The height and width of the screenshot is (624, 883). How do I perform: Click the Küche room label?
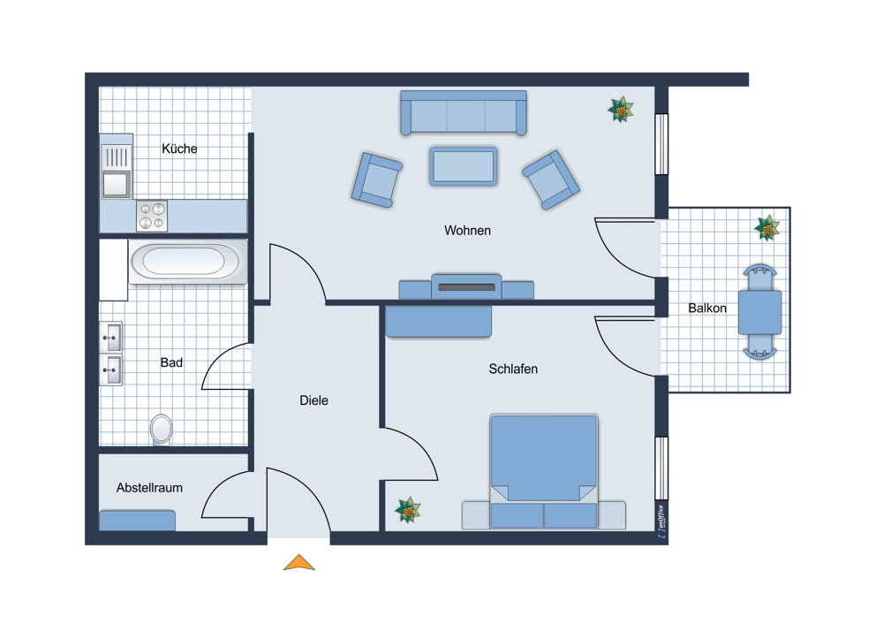click(x=179, y=148)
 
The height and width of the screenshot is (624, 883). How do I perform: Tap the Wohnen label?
click(x=467, y=231)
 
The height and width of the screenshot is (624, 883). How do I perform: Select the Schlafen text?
click(x=513, y=369)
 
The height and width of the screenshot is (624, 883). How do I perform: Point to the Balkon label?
click(x=707, y=308)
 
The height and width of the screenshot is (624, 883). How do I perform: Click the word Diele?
click(x=313, y=400)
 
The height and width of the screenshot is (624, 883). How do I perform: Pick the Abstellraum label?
click(x=149, y=487)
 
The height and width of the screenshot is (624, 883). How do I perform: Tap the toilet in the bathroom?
click(x=162, y=429)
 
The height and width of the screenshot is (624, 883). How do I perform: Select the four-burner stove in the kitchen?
click(x=152, y=216)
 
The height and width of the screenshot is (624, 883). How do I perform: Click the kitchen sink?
click(x=116, y=184)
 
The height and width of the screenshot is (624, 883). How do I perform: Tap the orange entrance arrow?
click(x=299, y=562)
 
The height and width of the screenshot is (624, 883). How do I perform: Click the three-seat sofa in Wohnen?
click(x=463, y=113)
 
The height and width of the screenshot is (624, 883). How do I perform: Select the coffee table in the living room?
click(x=463, y=165)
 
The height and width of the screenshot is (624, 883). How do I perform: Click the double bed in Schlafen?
click(x=544, y=468)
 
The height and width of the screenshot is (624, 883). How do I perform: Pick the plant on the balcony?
click(x=767, y=228)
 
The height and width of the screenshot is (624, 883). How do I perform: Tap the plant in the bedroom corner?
click(x=407, y=509)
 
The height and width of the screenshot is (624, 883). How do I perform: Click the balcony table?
click(x=759, y=312)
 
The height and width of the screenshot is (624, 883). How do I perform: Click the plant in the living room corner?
click(x=622, y=110)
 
